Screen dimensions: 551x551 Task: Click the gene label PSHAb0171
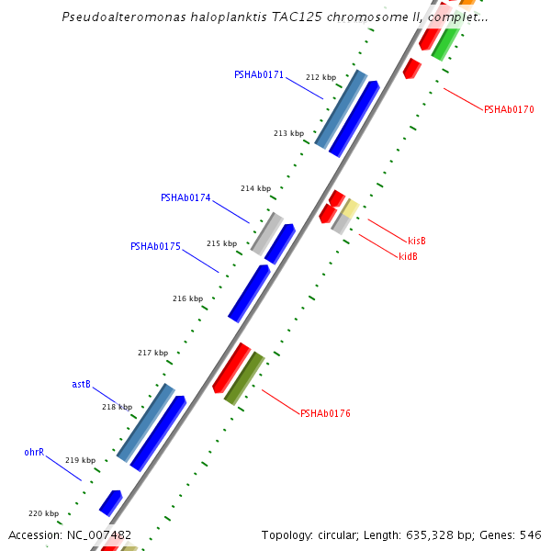point(259,74)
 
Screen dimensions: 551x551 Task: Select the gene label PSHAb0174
point(186,197)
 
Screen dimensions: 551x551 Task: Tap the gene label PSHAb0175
point(155,246)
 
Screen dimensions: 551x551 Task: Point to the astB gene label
point(81,384)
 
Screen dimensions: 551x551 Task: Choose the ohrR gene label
point(34,452)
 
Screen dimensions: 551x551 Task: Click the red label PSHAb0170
point(509,109)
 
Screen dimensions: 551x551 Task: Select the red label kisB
point(417,241)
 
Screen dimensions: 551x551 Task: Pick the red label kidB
point(408,256)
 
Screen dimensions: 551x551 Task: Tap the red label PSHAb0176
point(325,413)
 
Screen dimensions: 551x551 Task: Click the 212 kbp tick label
point(320,77)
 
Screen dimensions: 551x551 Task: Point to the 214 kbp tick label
point(255,188)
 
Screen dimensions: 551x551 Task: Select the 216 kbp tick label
point(187,298)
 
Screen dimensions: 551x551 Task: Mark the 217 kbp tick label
point(152,353)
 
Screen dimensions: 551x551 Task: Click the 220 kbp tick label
point(43,513)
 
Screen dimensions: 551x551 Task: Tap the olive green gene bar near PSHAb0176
point(244,377)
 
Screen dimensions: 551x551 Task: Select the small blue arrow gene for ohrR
point(111,502)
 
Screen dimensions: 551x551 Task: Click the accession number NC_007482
point(99,534)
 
